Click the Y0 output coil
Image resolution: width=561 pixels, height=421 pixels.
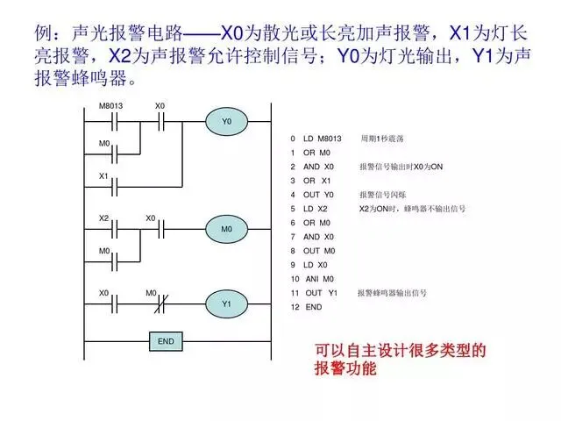click(x=226, y=122)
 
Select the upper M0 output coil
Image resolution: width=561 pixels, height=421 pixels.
click(x=226, y=230)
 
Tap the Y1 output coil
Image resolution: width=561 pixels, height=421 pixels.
click(x=226, y=303)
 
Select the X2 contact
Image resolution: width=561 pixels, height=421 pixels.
click(x=111, y=230)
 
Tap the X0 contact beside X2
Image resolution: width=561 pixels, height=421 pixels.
click(x=160, y=230)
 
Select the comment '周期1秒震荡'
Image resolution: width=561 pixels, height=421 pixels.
click(x=381, y=139)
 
